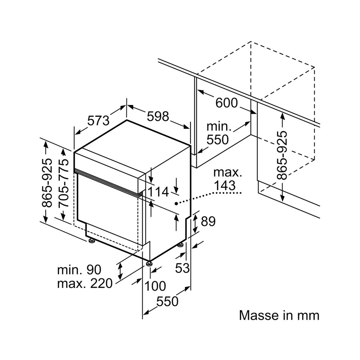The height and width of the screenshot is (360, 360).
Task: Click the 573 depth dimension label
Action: (x=98, y=120)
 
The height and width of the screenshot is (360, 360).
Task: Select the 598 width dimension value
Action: (x=158, y=116)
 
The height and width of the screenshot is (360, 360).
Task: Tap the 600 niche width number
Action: (x=226, y=103)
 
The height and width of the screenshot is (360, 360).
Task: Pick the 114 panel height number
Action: (x=158, y=192)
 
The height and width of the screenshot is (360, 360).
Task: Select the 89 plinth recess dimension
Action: (x=208, y=221)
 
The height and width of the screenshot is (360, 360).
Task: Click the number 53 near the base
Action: (x=182, y=268)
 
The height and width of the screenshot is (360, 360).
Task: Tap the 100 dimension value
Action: (x=156, y=286)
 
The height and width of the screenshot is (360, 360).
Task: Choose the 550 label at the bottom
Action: (x=167, y=301)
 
